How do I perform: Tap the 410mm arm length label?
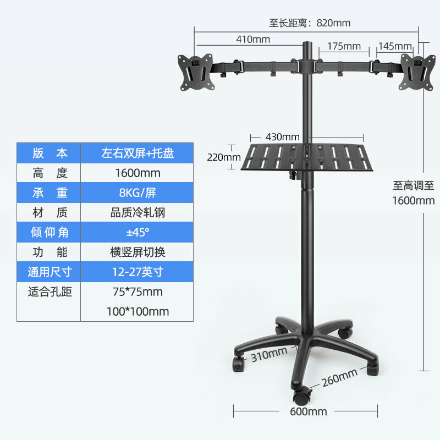pyautogui.click(x=253, y=39)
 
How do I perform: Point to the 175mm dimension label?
pyautogui.click(x=344, y=46)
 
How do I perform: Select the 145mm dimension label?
pyautogui.click(x=395, y=46)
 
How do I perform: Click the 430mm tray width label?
pyautogui.click(x=283, y=137)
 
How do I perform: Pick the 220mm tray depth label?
pyautogui.click(x=224, y=157)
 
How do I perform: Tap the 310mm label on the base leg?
pyautogui.click(x=269, y=354)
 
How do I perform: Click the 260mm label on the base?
pyautogui.click(x=339, y=377)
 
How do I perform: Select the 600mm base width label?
pyautogui.click(x=309, y=411)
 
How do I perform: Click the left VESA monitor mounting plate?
pyautogui.click(x=196, y=72)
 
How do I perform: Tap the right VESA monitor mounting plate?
pyautogui.click(x=417, y=72)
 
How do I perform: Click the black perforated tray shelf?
pyautogui.click(x=307, y=157)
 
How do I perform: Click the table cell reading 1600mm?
pyautogui.click(x=137, y=173)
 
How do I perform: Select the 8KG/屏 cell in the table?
pyautogui.click(x=137, y=193)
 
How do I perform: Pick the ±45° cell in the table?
pyautogui.click(x=137, y=232)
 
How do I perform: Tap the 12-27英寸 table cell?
pyautogui.click(x=137, y=272)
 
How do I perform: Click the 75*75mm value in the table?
pyautogui.click(x=137, y=292)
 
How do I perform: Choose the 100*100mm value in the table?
pyautogui.click(x=137, y=311)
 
